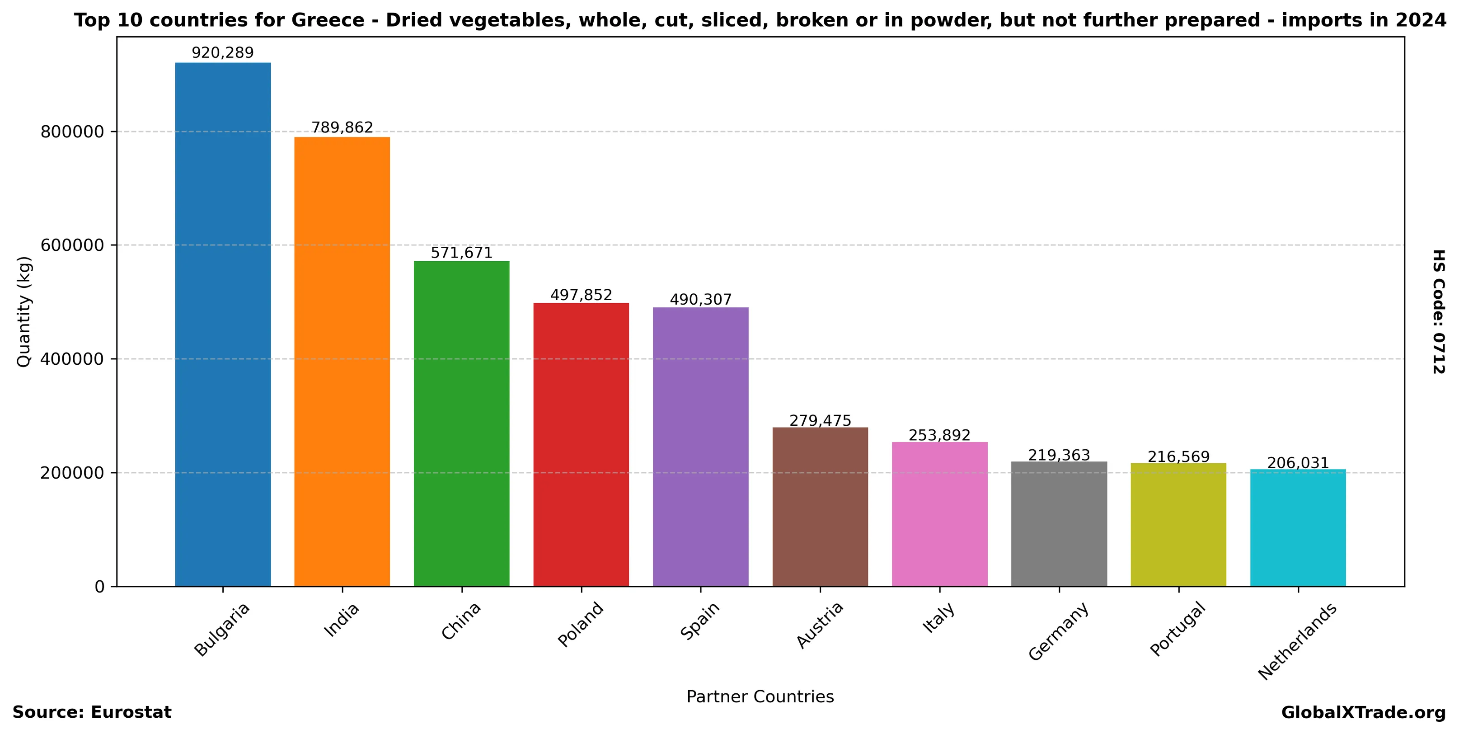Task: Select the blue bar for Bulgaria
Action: click(x=223, y=324)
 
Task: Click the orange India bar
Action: click(x=342, y=361)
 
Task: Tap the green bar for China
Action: click(x=462, y=423)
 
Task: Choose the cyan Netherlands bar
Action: click(x=1298, y=527)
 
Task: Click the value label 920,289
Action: click(x=223, y=53)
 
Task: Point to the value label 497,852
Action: click(x=581, y=295)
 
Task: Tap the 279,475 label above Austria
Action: click(x=820, y=421)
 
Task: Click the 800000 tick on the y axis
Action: click(x=72, y=132)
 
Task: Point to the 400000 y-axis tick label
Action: click(x=72, y=359)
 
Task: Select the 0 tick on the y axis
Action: click(x=100, y=587)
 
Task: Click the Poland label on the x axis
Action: click(x=581, y=624)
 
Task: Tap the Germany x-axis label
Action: click(x=1058, y=631)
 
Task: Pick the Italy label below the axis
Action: click(x=938, y=618)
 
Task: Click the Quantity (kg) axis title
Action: click(x=24, y=311)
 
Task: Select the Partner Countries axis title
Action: click(x=760, y=696)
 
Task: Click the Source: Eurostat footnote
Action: click(x=92, y=712)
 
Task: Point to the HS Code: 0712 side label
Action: click(x=1439, y=311)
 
